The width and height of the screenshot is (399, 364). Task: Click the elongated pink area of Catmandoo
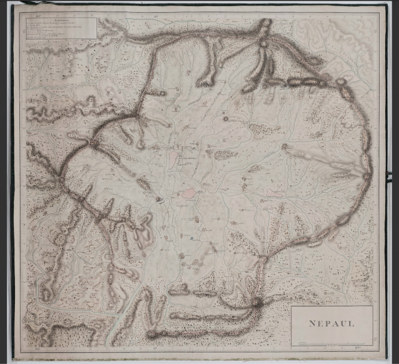click(x=173, y=159)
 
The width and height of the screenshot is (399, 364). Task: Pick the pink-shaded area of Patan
click(x=189, y=193)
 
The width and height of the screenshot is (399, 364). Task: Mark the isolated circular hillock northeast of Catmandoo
click(x=226, y=118)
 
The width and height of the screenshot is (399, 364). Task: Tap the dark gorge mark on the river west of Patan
click(x=160, y=199)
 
